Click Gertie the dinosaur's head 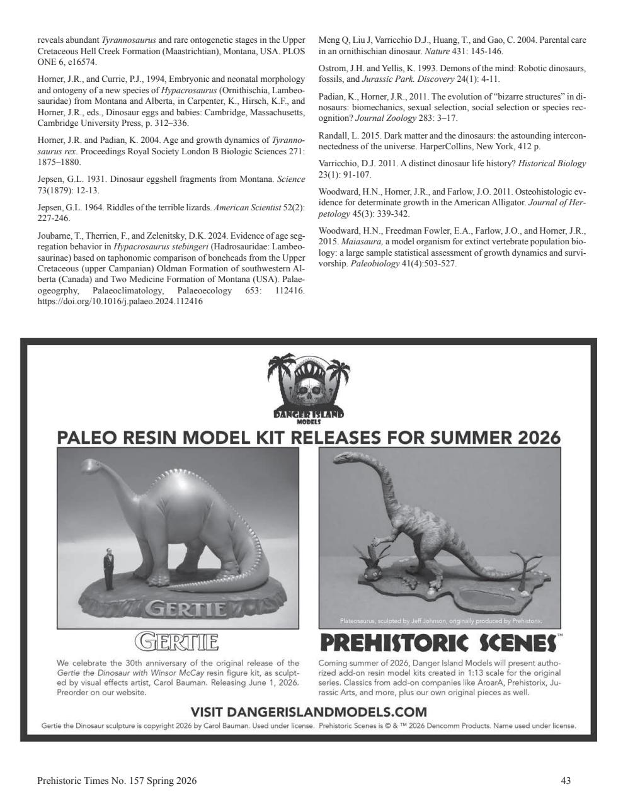click(x=88, y=467)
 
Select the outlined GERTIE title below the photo click(x=177, y=643)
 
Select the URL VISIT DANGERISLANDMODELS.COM click(x=308, y=712)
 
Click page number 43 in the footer click(x=565, y=781)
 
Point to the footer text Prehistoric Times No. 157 click(x=117, y=781)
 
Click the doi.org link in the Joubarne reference click(x=120, y=301)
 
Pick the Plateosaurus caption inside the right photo click(x=440, y=621)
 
